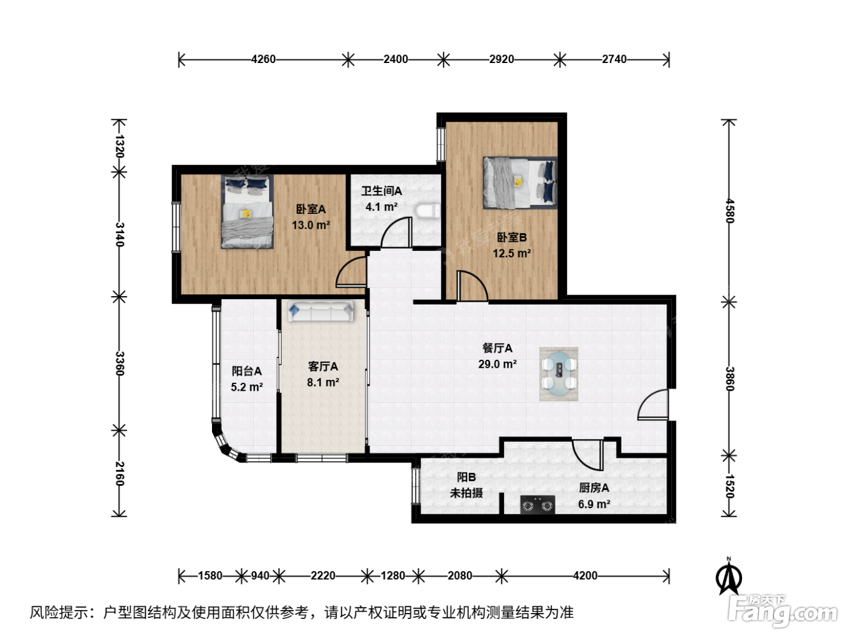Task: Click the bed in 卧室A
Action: point(247,211)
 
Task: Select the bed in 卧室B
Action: point(520,183)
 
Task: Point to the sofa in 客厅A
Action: point(320,311)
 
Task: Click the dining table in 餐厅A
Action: point(558,374)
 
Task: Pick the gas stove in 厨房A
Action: point(537,505)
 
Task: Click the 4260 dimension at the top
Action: point(263,59)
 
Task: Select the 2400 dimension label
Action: point(396,59)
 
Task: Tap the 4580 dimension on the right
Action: point(729,211)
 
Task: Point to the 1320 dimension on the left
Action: point(119,147)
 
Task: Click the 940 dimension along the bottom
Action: point(260,576)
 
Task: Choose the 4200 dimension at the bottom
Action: point(585,576)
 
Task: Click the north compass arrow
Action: point(729,577)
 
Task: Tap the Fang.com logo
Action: point(783,611)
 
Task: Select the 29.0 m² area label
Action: point(497,364)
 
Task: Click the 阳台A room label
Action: point(247,371)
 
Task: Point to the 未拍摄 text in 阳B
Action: point(466,493)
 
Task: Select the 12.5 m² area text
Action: point(511,253)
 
